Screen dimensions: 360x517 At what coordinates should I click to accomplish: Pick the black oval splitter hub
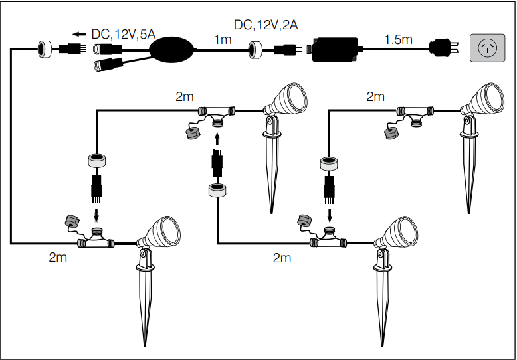pyautogui.click(x=171, y=50)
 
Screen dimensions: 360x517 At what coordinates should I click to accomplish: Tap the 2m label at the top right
pyautogui.click(x=375, y=97)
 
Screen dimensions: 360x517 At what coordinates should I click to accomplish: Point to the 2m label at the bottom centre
pyautogui.click(x=282, y=258)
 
